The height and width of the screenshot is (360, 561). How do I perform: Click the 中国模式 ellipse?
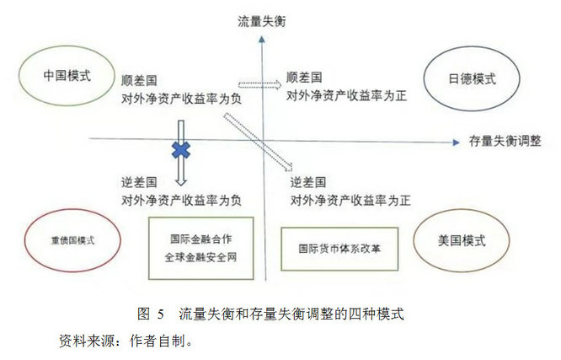click(x=19, y=76)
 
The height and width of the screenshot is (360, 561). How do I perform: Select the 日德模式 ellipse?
click(x=425, y=78)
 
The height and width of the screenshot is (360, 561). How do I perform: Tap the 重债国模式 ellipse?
click(x=25, y=240)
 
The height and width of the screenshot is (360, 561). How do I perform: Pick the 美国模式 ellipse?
click(x=414, y=240)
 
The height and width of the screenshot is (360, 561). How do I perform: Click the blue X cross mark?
click(x=181, y=150)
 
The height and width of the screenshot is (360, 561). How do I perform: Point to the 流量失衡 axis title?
click(x=262, y=21)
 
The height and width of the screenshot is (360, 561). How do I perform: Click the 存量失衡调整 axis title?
click(x=505, y=141)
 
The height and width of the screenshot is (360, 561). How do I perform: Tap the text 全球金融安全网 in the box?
click(x=200, y=257)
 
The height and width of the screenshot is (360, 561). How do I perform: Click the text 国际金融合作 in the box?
click(x=200, y=239)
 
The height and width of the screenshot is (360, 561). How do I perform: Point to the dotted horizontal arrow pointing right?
click(x=259, y=84)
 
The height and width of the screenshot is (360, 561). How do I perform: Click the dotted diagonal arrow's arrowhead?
click(x=289, y=167)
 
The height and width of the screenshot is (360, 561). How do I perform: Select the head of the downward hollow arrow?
click(x=181, y=181)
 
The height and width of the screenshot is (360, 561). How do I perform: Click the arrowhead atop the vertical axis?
click(x=262, y=39)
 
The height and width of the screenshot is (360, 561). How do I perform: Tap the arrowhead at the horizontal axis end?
click(x=457, y=142)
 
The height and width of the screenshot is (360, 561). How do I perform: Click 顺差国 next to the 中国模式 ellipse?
click(x=139, y=81)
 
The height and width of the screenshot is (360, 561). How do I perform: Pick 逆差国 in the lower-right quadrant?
click(x=308, y=182)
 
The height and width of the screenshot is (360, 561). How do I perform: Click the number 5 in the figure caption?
click(x=160, y=314)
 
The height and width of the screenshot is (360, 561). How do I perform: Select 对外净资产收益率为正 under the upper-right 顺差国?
click(x=346, y=95)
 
